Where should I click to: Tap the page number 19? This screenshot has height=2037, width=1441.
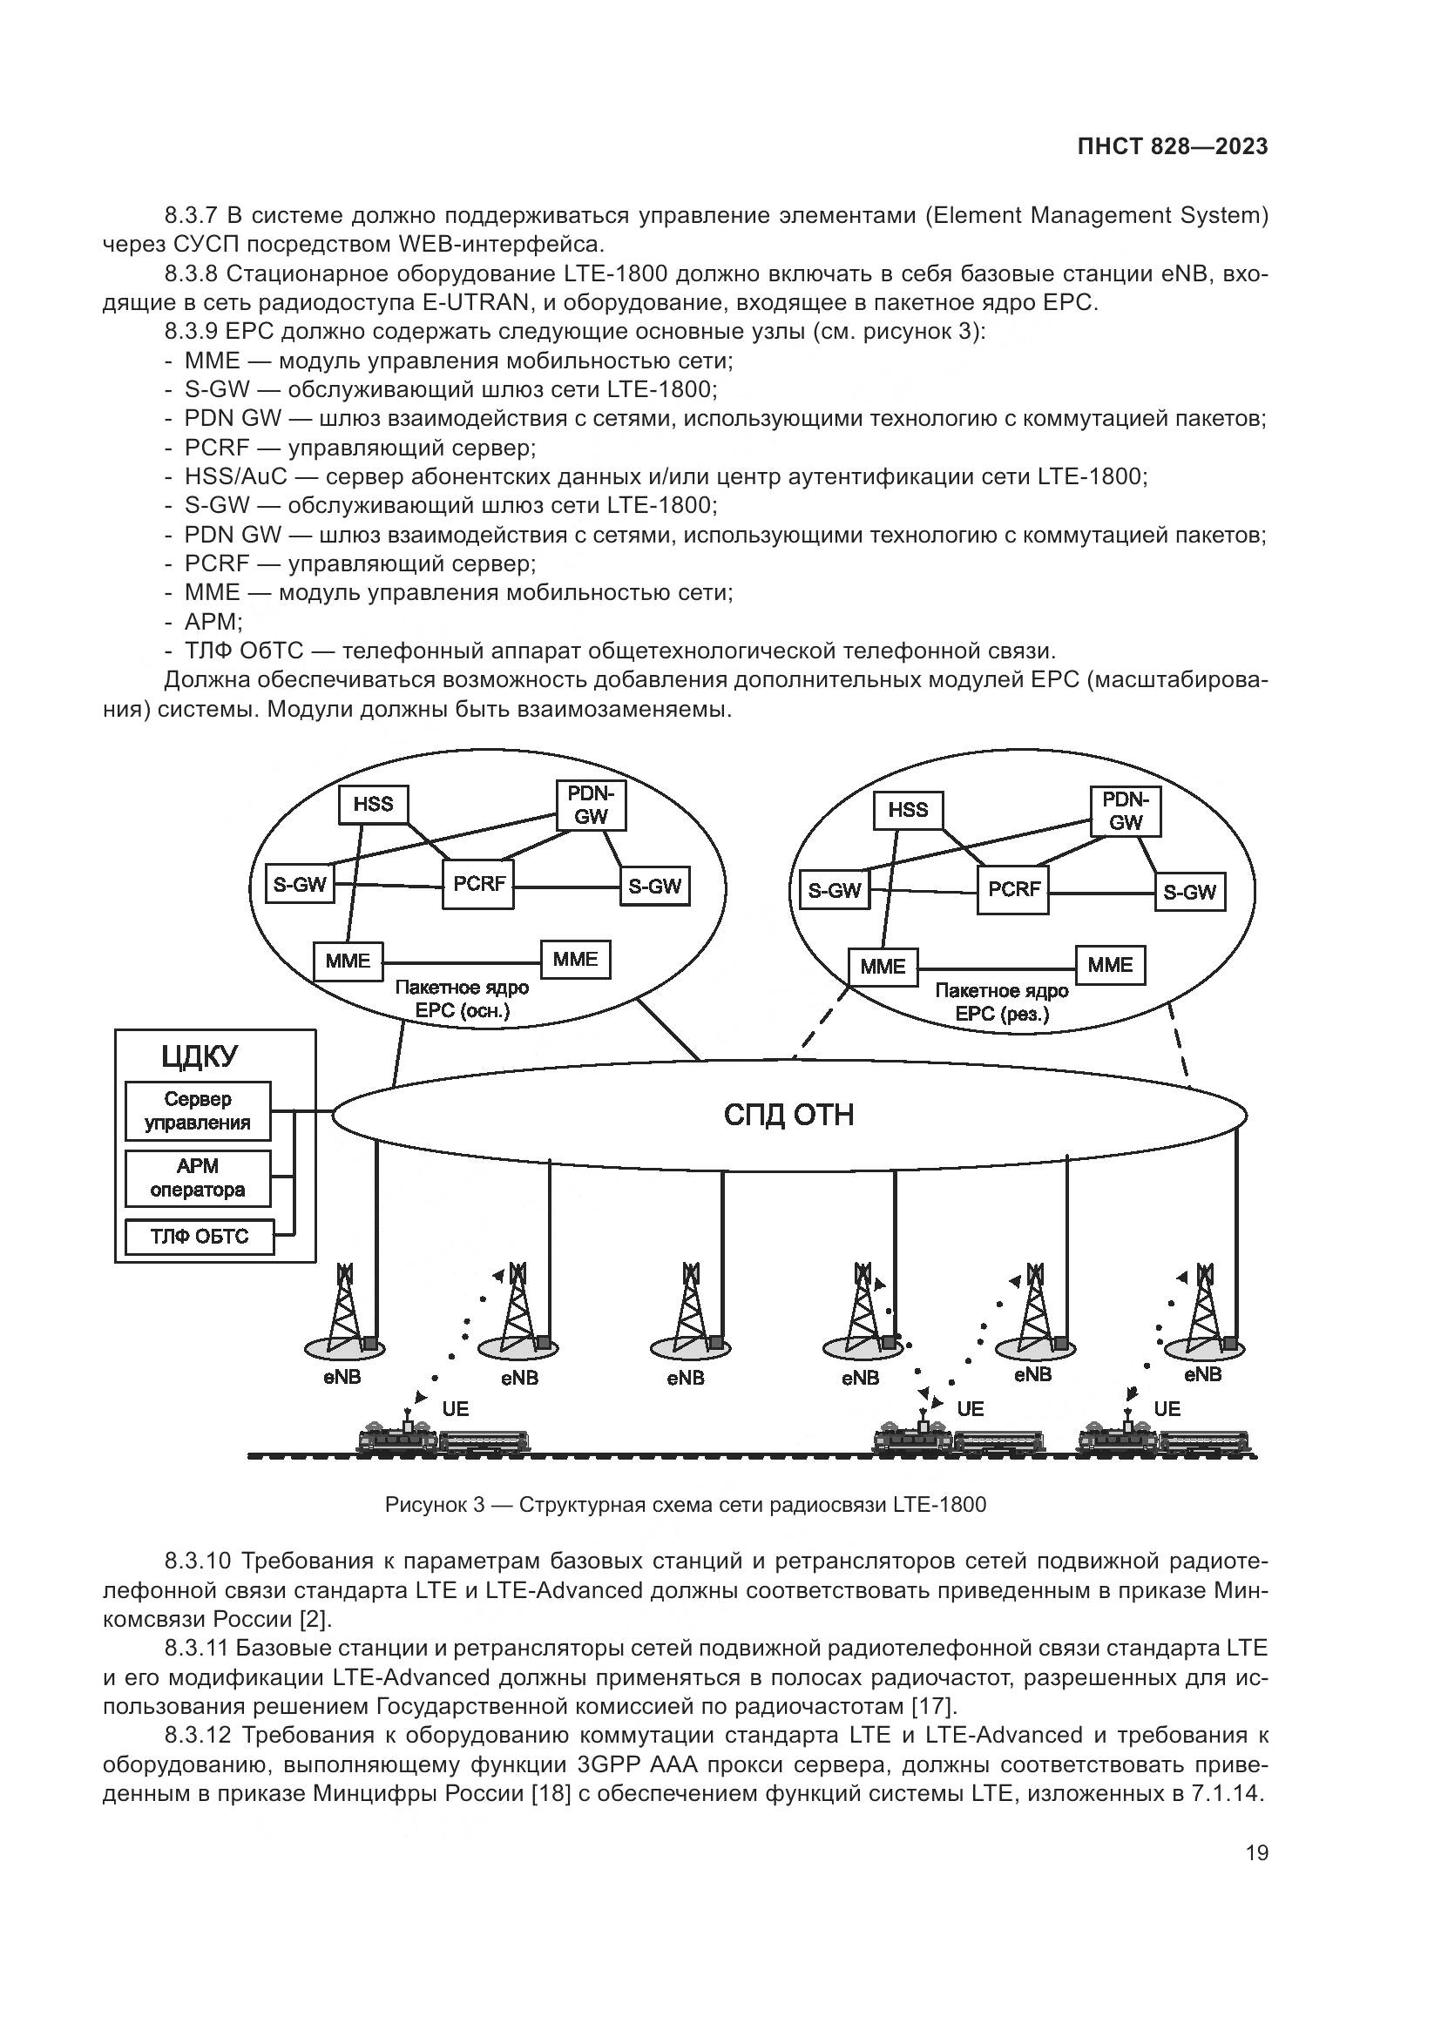pyautogui.click(x=1256, y=1852)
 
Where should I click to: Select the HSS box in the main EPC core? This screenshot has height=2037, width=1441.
pyautogui.click(x=374, y=805)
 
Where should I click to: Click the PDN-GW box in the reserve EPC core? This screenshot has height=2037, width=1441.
pyautogui.click(x=1125, y=811)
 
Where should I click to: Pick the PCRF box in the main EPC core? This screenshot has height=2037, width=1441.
pyautogui.click(x=478, y=884)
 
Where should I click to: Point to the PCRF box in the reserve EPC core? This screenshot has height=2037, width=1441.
pyautogui.click(x=1013, y=889)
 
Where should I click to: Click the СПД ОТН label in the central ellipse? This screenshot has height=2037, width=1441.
pyautogui.click(x=788, y=1116)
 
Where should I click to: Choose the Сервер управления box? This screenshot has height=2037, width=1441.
pyautogui.click(x=198, y=1110)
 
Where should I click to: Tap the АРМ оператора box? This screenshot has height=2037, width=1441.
pyautogui.click(x=197, y=1178)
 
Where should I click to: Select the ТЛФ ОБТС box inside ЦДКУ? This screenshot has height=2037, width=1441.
pyautogui.click(x=199, y=1237)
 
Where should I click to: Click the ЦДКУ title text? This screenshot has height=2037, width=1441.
pyautogui.click(x=200, y=1056)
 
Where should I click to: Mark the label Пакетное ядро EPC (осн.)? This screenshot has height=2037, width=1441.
pyautogui.click(x=462, y=999)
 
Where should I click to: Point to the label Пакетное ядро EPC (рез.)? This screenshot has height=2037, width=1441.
pyautogui.click(x=1002, y=1002)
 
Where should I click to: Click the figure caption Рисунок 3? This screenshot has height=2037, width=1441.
pyautogui.click(x=685, y=1505)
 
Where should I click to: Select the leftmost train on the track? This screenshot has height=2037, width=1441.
pyautogui.click(x=442, y=1437)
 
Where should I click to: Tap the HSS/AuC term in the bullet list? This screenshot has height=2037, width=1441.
pyautogui.click(x=236, y=476)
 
